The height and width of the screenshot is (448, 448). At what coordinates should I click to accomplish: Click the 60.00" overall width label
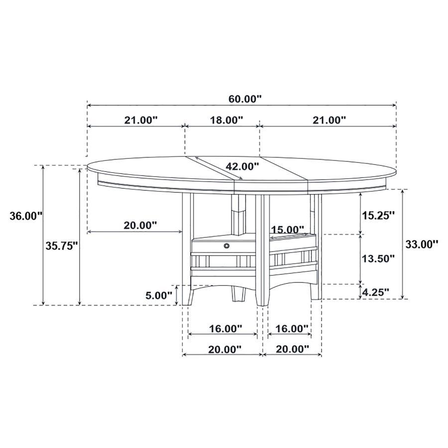(x=245, y=99)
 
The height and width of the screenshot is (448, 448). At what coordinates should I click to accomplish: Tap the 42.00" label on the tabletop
(x=242, y=166)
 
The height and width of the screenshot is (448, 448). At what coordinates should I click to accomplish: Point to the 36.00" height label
(x=26, y=216)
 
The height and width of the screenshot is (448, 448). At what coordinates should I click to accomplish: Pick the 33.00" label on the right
(x=422, y=244)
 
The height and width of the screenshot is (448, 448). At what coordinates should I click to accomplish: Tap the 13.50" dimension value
(x=378, y=258)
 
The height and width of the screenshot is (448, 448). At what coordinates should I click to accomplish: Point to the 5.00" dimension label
(x=158, y=295)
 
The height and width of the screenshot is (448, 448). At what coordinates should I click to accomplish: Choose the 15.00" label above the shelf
(x=288, y=229)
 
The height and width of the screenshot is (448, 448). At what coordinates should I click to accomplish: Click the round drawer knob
(x=227, y=245)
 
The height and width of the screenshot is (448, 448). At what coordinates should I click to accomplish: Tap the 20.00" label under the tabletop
(x=140, y=225)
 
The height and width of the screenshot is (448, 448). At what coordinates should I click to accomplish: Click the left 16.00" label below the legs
(x=225, y=328)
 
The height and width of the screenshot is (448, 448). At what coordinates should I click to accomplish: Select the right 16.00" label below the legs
(x=291, y=328)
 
